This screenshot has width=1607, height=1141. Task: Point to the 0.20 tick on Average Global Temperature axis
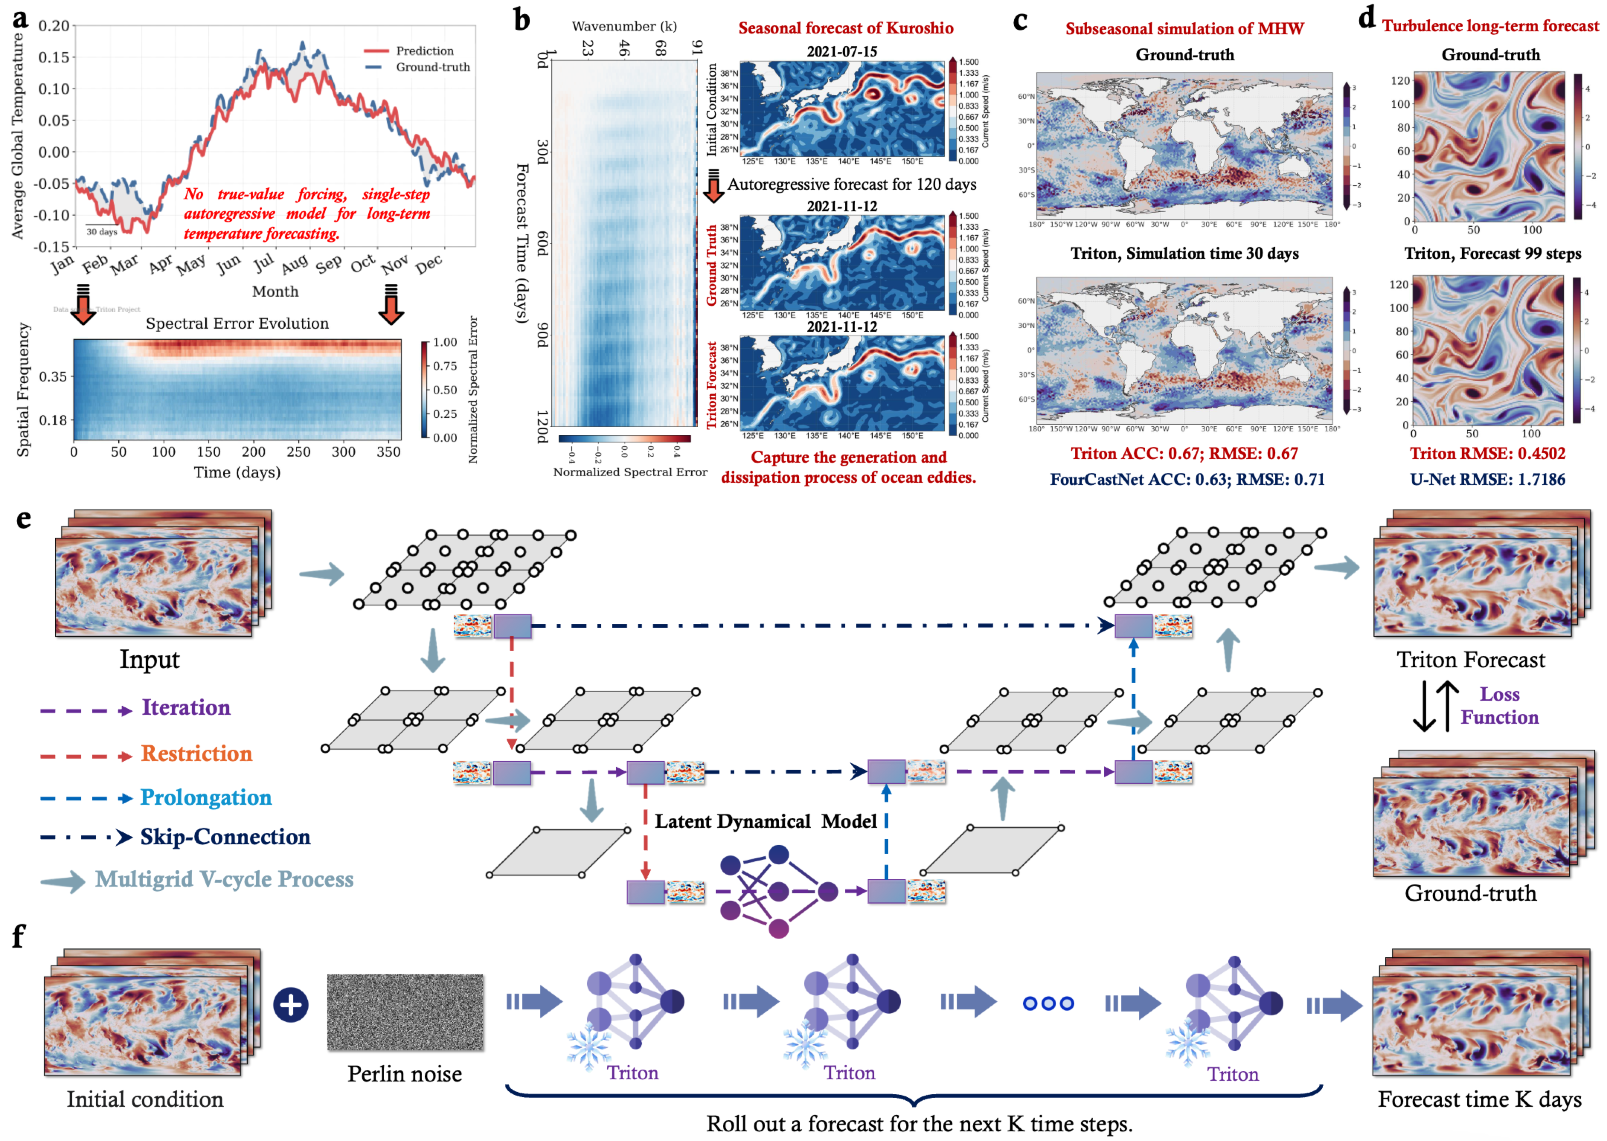click(54, 26)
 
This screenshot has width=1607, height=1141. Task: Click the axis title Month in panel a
click(275, 291)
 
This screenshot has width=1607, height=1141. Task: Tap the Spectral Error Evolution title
click(237, 323)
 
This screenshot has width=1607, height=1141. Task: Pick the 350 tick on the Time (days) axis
click(389, 452)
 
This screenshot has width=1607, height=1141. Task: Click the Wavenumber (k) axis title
click(624, 26)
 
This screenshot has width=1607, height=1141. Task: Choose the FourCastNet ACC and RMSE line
click(1187, 479)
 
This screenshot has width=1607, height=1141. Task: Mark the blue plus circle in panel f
click(291, 1005)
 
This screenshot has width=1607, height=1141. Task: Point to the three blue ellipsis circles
click(1048, 1003)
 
